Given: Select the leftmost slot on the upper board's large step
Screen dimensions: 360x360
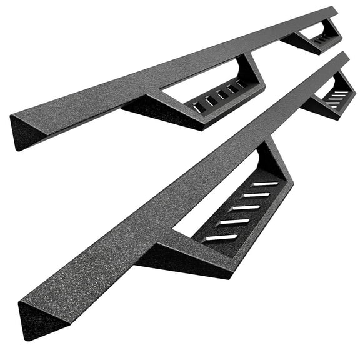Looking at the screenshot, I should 198,108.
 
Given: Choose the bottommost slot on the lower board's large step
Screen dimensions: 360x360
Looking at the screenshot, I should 220,237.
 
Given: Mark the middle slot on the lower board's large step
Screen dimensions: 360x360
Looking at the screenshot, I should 243,208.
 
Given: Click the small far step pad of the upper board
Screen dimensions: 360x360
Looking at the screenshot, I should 322,39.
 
